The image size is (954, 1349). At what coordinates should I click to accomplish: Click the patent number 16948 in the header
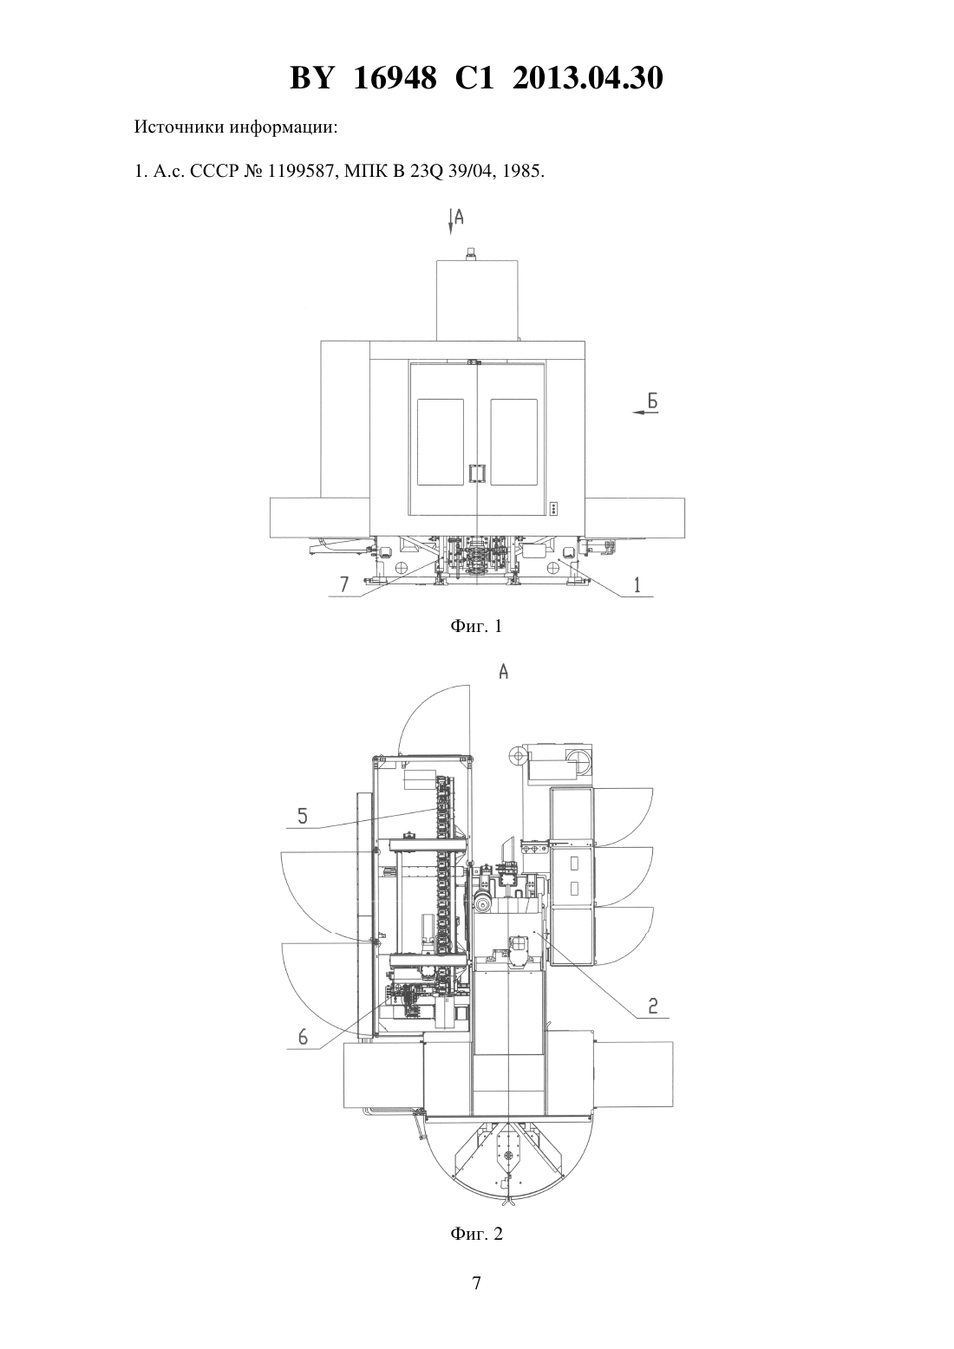(x=395, y=78)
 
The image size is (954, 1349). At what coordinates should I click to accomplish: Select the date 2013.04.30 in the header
(x=588, y=78)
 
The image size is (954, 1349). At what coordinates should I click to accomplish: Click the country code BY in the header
(x=311, y=78)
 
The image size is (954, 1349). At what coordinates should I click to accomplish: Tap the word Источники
(x=180, y=127)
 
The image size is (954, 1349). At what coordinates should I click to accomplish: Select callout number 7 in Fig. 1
(x=344, y=584)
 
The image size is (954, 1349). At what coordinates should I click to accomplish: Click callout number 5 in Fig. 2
(x=303, y=816)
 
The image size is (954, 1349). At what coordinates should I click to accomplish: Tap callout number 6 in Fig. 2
(x=303, y=1036)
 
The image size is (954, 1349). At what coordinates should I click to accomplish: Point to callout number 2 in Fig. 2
(x=653, y=1005)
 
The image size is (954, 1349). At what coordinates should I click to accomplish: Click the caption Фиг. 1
(x=476, y=626)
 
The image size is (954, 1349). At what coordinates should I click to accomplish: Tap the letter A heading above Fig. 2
(x=504, y=672)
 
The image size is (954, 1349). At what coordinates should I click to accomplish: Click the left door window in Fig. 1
(x=441, y=442)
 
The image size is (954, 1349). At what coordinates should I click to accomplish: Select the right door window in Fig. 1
(x=513, y=442)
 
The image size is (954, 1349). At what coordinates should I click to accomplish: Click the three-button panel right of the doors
(x=554, y=508)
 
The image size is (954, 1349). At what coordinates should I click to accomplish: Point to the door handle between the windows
(x=477, y=473)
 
